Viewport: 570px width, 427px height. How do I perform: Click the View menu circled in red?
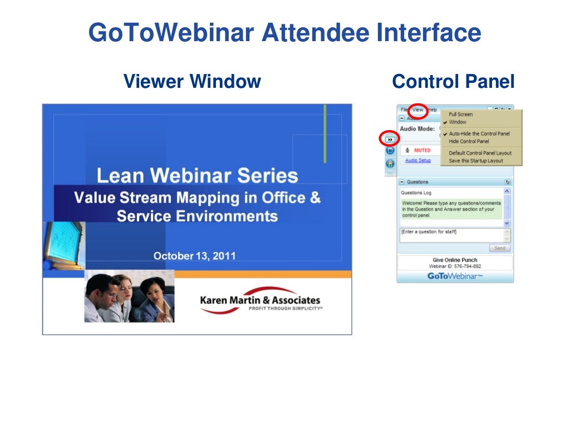tap(417, 110)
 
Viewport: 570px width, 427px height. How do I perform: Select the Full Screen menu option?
tap(460, 115)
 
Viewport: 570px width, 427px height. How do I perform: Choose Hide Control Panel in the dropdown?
tap(469, 141)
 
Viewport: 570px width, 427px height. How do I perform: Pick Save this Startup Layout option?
tap(475, 161)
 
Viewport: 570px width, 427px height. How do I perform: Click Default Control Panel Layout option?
tap(480, 153)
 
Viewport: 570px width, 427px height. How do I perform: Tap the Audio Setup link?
tap(417, 161)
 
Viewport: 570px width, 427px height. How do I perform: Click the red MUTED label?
tap(422, 150)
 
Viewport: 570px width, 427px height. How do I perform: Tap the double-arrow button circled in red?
tap(390, 139)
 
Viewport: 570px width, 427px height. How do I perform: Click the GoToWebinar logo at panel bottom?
tap(455, 276)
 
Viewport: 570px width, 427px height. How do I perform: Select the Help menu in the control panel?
tap(433, 110)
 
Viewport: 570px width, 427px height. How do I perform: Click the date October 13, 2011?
tap(194, 256)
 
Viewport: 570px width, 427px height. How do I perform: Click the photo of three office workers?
tap(129, 296)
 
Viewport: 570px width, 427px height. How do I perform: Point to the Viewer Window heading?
tap(192, 82)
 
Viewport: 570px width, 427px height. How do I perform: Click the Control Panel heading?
tap(453, 82)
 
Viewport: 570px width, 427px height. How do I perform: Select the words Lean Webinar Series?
tap(197, 176)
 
